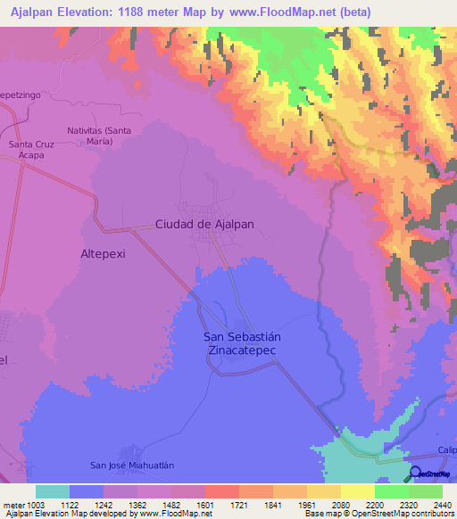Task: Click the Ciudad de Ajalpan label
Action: click(205, 225)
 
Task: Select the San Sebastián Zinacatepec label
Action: click(243, 343)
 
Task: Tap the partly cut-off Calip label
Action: click(446, 450)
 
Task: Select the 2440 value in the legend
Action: click(442, 504)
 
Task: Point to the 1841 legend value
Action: click(274, 504)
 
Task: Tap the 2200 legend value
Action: click(375, 504)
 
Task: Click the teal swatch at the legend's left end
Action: click(53, 491)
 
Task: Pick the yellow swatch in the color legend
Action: click(357, 491)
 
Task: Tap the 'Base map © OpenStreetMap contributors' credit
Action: click(378, 515)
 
